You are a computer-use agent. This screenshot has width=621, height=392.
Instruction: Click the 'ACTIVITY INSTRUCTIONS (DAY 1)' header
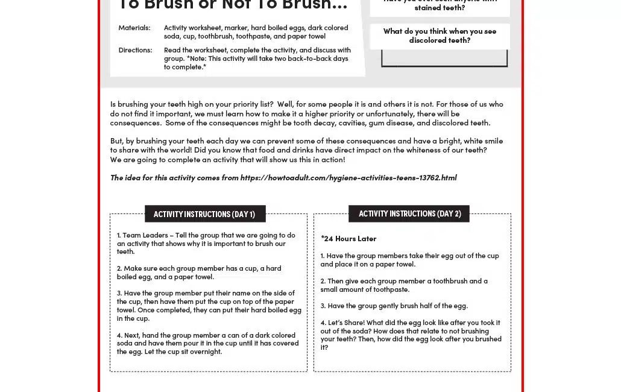pyautogui.click(x=204, y=214)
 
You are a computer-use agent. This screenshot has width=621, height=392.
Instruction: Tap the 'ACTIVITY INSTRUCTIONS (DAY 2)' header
pyautogui.click(x=409, y=213)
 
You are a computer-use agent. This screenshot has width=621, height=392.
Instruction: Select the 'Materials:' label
pyautogui.click(x=134, y=28)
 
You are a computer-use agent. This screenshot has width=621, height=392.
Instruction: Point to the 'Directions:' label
pyautogui.click(x=135, y=50)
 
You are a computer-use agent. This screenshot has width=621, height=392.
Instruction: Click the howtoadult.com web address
pyautogui.click(x=348, y=177)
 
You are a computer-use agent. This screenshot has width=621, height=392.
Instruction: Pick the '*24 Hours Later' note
pyautogui.click(x=348, y=239)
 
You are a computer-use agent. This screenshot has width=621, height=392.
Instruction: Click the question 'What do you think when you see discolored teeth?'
pyautogui.click(x=440, y=36)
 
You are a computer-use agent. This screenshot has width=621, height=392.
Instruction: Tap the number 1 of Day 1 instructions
pyautogui.click(x=119, y=236)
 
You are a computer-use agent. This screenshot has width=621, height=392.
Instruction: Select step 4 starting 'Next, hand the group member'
pyautogui.click(x=207, y=343)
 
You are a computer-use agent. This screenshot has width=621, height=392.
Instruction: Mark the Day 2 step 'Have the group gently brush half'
pyautogui.click(x=394, y=306)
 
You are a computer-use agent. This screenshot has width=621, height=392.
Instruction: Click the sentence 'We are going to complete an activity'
pyautogui.click(x=227, y=160)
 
